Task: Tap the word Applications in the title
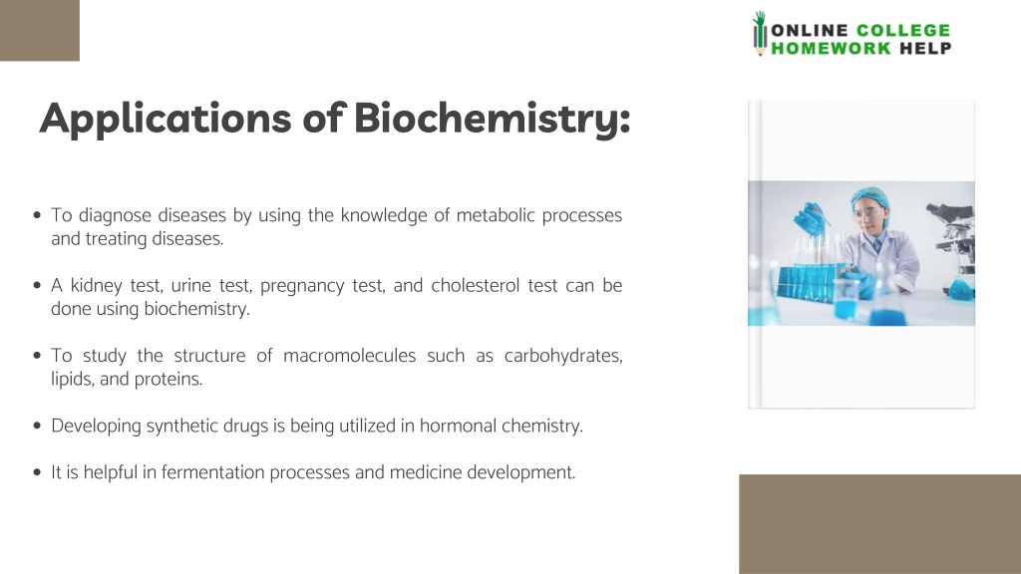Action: point(165,120)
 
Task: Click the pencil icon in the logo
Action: point(759,33)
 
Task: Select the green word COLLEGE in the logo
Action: point(903,31)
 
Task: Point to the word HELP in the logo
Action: point(925,48)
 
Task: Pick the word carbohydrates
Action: point(563,356)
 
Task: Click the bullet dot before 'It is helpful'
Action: point(37,471)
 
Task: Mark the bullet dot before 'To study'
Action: point(37,356)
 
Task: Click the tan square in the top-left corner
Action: point(40,31)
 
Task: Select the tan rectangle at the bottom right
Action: point(879,524)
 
